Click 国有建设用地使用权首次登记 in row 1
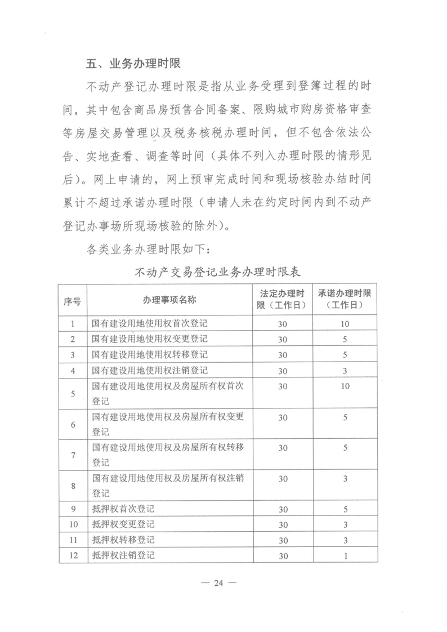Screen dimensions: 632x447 [x=149, y=324]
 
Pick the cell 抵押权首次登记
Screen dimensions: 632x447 [x=122, y=509]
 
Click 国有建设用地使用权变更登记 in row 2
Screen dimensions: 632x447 [x=149, y=340]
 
